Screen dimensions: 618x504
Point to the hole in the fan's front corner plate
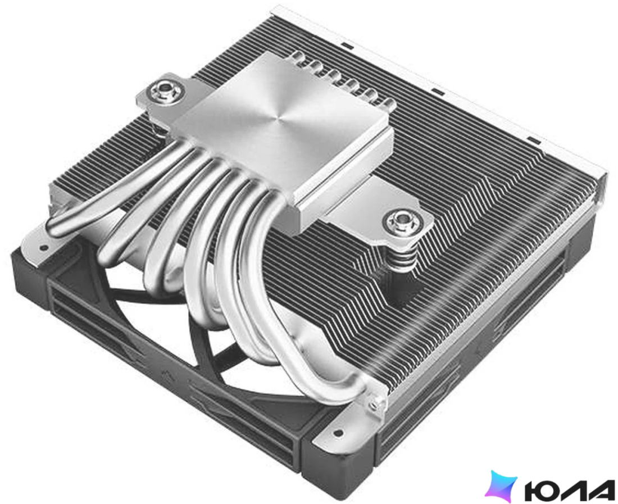[x=337, y=433]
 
